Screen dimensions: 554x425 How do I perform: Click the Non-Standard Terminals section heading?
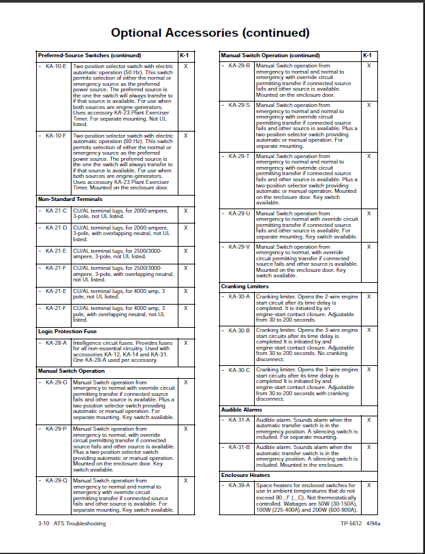[x=71, y=199]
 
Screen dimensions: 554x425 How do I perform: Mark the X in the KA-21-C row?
[x=185, y=211]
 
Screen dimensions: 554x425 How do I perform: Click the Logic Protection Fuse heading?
[x=68, y=331]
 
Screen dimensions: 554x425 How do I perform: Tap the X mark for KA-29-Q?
[x=185, y=480]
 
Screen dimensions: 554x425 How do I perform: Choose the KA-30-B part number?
[x=239, y=330]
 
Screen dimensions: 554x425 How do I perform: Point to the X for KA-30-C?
[x=368, y=370]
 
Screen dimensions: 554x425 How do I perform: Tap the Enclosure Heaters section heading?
[x=245, y=475]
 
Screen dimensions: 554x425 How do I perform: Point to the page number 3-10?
[x=44, y=523]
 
